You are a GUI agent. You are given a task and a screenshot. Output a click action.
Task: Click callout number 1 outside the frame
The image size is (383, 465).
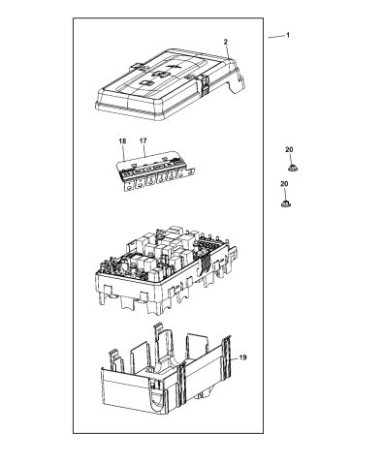click(288, 35)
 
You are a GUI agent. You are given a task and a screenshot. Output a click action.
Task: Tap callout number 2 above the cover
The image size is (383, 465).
click(226, 42)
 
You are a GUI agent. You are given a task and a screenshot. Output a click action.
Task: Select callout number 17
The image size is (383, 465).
click(143, 140)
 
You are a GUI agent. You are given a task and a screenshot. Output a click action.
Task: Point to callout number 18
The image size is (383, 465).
click(122, 141)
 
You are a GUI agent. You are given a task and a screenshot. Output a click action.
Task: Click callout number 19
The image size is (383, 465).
click(242, 357)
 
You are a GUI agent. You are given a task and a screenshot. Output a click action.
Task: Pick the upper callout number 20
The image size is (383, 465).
click(289, 149)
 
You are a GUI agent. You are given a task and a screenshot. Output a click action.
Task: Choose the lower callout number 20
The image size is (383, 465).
click(284, 184)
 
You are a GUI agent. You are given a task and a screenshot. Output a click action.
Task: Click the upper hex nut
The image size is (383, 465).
click(293, 168)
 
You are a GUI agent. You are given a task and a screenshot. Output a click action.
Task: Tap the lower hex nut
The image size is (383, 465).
click(285, 203)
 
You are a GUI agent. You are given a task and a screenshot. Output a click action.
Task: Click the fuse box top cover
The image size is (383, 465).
click(170, 84)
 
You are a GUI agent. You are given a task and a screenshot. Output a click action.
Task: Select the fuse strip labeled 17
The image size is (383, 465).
click(157, 171)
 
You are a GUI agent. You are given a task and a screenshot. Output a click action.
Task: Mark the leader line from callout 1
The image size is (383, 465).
click(275, 37)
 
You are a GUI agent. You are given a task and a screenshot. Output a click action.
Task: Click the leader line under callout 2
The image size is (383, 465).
click(228, 51)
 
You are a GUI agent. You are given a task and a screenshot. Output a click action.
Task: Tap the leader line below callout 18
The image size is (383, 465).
click(123, 153)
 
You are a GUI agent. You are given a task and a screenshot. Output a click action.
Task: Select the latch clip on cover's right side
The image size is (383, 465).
click(204, 84)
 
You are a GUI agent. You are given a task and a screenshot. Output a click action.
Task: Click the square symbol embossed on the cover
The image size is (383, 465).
click(146, 83)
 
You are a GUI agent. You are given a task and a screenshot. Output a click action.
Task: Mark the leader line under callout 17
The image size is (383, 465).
click(144, 150)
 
